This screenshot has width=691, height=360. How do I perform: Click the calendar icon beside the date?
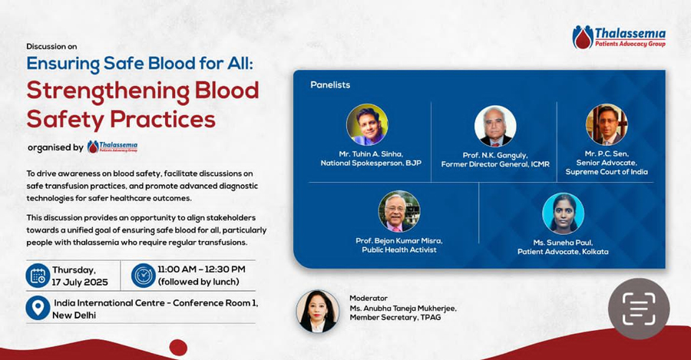[x=38, y=276]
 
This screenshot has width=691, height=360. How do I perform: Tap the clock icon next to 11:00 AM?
[x=144, y=276]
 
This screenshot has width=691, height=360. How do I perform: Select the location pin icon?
[x=38, y=308]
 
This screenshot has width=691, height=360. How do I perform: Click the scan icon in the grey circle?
[x=639, y=309]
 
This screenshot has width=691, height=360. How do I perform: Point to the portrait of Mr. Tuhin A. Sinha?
[x=367, y=124]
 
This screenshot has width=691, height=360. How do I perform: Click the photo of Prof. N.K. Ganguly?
[x=495, y=126]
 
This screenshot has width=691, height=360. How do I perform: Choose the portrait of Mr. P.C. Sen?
[x=607, y=124]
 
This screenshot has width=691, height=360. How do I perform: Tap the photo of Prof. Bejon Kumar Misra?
[x=399, y=212]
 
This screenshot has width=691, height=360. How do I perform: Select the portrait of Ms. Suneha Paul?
[x=564, y=213]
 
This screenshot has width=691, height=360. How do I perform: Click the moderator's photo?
[x=318, y=311]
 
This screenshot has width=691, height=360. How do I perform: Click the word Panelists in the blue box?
[x=330, y=84]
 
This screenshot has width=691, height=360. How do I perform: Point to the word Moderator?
[x=369, y=299]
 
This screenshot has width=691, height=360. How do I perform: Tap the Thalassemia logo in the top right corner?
[x=619, y=37]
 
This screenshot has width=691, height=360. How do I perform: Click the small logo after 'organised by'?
[x=112, y=147]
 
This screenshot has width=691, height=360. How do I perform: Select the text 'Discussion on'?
[x=51, y=46]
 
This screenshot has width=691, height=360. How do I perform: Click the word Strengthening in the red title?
[x=108, y=92]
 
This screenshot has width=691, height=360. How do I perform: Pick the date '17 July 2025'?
[x=80, y=282]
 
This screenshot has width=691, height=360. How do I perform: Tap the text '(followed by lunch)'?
[x=198, y=282]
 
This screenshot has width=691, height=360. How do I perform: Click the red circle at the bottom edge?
[x=178, y=348]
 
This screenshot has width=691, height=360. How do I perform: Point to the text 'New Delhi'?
[x=74, y=315]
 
